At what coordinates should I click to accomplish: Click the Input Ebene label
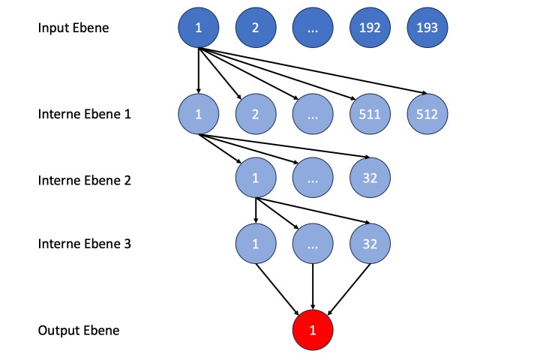coord(73,28)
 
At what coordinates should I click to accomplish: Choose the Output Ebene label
coord(78,330)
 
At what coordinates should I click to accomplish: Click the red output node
coord(313,330)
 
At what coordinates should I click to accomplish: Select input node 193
coord(427,28)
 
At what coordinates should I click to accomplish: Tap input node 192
coord(370,28)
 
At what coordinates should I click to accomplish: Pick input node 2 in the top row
coord(256,28)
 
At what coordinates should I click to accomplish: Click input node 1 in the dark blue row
coord(198,28)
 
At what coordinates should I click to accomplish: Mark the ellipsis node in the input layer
coord(313,28)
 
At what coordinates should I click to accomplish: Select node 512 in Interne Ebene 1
coord(427,114)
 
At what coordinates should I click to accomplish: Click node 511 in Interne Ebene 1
coord(370,114)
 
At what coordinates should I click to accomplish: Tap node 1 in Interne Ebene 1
coord(198,114)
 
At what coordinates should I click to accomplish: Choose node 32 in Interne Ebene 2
coord(370,179)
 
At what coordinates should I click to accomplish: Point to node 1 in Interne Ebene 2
coord(256,179)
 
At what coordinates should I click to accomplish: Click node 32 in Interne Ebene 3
coord(370,244)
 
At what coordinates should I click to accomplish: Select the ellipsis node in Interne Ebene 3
coord(313,244)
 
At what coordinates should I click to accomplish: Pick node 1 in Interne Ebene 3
coord(256,244)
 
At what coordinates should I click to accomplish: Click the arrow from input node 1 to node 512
coord(315,73)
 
